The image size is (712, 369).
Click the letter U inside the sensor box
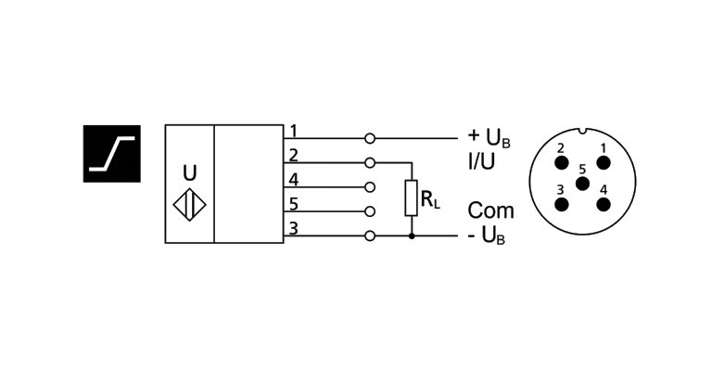click(x=189, y=172)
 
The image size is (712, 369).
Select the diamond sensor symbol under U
click(x=189, y=204)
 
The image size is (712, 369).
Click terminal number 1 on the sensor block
click(x=293, y=130)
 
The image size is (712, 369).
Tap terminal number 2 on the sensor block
click(x=293, y=154)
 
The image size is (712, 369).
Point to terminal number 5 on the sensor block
click(x=293, y=203)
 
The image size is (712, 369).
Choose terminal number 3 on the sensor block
click(x=293, y=228)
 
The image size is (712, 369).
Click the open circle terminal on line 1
click(x=371, y=138)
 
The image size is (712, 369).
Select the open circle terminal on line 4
click(x=371, y=186)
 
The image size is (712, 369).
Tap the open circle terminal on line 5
click(x=371, y=211)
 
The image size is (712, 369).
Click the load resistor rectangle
click(x=412, y=198)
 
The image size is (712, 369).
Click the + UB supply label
click(x=489, y=138)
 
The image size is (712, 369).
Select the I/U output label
click(x=482, y=160)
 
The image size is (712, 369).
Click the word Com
click(x=490, y=210)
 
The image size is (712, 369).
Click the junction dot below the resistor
click(x=412, y=235)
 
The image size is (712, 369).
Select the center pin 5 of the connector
click(x=582, y=183)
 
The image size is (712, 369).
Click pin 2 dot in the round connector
click(x=561, y=163)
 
